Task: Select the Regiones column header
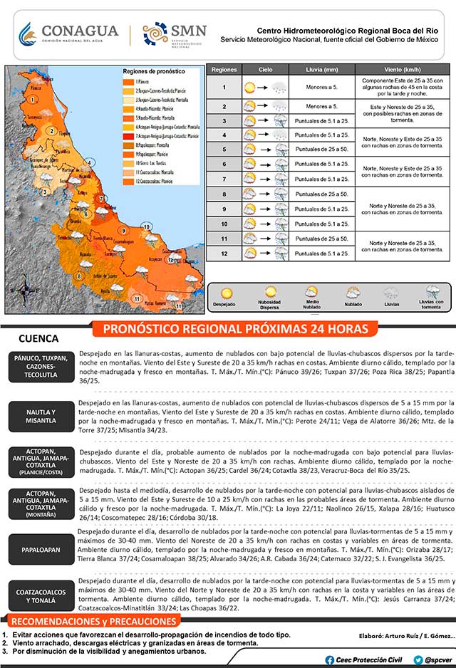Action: (224, 71)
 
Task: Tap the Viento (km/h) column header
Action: (403, 71)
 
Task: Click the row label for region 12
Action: (224, 253)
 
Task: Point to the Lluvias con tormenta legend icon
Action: (432, 292)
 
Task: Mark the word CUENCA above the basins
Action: (38, 339)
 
